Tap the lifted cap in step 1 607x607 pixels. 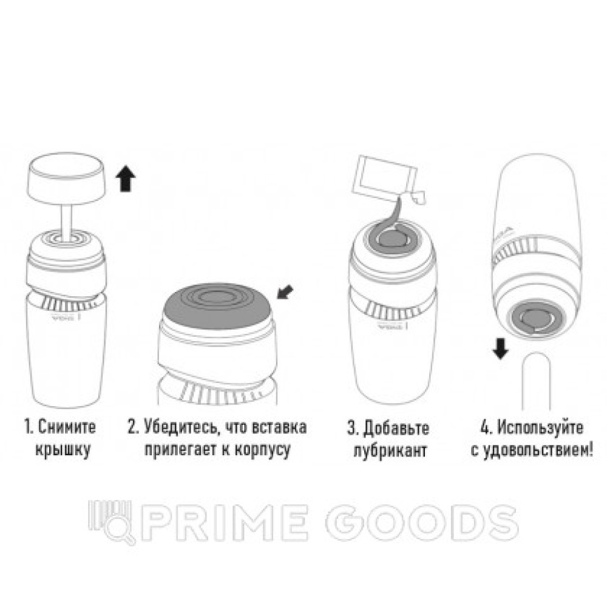point(66,178)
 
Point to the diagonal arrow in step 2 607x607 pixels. point(285,293)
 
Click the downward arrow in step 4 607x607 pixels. point(501,348)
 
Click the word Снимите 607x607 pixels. point(67,427)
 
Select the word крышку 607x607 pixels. point(63,450)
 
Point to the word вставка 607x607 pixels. point(279,427)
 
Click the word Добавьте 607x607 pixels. point(396,428)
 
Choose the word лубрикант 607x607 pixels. point(390,451)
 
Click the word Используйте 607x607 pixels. point(540,428)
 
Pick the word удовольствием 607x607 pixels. point(536,450)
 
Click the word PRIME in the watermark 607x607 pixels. point(225,522)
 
